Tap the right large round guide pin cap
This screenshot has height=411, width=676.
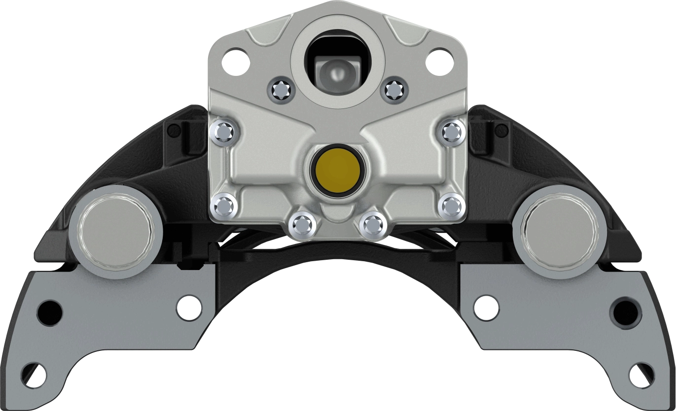(x=558, y=231)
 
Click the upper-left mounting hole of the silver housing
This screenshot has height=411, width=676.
(x=235, y=60)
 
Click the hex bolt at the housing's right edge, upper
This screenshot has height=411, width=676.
(x=451, y=132)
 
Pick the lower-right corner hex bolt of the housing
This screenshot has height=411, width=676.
(x=451, y=206)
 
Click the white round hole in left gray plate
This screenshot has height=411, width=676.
(x=190, y=307)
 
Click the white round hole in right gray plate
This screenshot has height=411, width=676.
(x=486, y=307)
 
